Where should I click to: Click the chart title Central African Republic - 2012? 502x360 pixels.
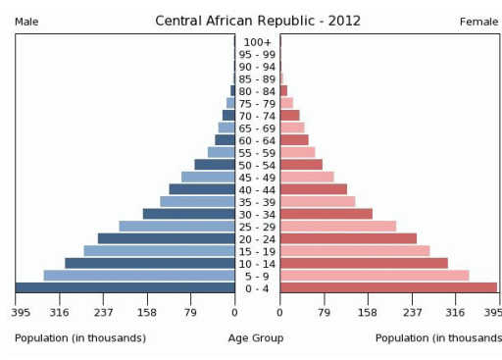click(x=258, y=21)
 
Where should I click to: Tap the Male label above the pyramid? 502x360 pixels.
click(x=26, y=22)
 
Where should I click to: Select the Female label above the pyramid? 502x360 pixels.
click(x=478, y=22)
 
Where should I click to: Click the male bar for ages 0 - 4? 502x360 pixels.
click(x=125, y=287)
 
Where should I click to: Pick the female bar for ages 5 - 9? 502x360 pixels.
click(x=375, y=276)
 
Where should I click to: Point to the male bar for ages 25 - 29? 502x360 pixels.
click(x=176, y=227)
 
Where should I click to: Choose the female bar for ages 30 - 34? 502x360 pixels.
click(x=326, y=214)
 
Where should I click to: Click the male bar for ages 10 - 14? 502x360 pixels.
click(x=150, y=263)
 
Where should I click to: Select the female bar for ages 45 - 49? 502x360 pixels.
click(x=307, y=177)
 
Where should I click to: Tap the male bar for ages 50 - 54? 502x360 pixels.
click(x=215, y=165)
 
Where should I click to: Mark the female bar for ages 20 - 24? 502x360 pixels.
click(x=348, y=238)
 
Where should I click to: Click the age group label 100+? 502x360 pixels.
click(x=257, y=41)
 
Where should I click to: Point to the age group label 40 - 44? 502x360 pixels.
click(x=257, y=189)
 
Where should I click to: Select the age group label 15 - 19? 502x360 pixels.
click(x=257, y=251)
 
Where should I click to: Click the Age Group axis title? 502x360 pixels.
click(x=256, y=338)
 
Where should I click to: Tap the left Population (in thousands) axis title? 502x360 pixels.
click(x=80, y=338)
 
